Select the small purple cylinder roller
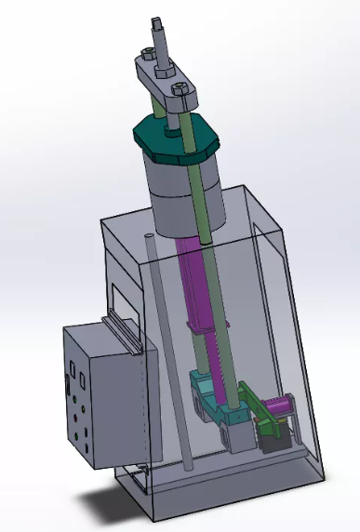278,406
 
